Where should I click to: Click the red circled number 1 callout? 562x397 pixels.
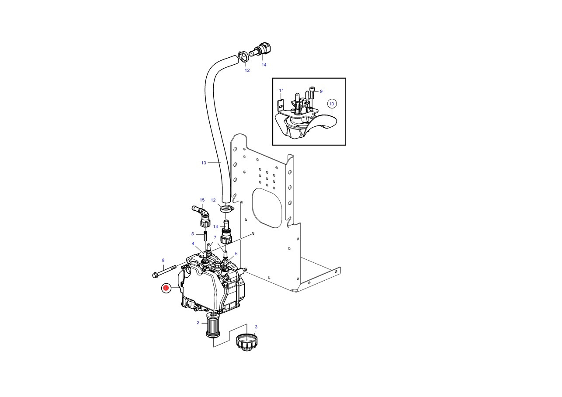(x=166, y=288)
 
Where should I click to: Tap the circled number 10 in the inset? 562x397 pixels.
(x=331, y=104)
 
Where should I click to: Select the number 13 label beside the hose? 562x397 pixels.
(x=204, y=163)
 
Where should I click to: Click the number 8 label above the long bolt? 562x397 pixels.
(x=163, y=260)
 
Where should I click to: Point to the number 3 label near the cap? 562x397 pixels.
(x=256, y=327)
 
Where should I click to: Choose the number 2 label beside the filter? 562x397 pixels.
(x=198, y=323)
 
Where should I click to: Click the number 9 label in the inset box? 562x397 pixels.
(x=321, y=91)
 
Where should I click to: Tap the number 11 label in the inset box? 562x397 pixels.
(x=281, y=90)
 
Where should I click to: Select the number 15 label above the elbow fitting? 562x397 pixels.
(x=202, y=200)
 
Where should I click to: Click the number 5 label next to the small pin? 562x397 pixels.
(x=192, y=234)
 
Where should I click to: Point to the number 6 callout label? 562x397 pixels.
(x=236, y=254)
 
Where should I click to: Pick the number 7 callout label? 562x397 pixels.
(x=215, y=237)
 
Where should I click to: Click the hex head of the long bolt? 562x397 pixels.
(x=155, y=275)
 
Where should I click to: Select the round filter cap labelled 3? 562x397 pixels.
(x=246, y=341)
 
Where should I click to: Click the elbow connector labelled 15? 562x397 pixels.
(x=202, y=216)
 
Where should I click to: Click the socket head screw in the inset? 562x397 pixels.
(x=312, y=93)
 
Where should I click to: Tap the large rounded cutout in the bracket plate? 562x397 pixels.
(x=267, y=208)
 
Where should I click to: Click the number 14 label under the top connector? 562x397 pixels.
(x=264, y=65)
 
